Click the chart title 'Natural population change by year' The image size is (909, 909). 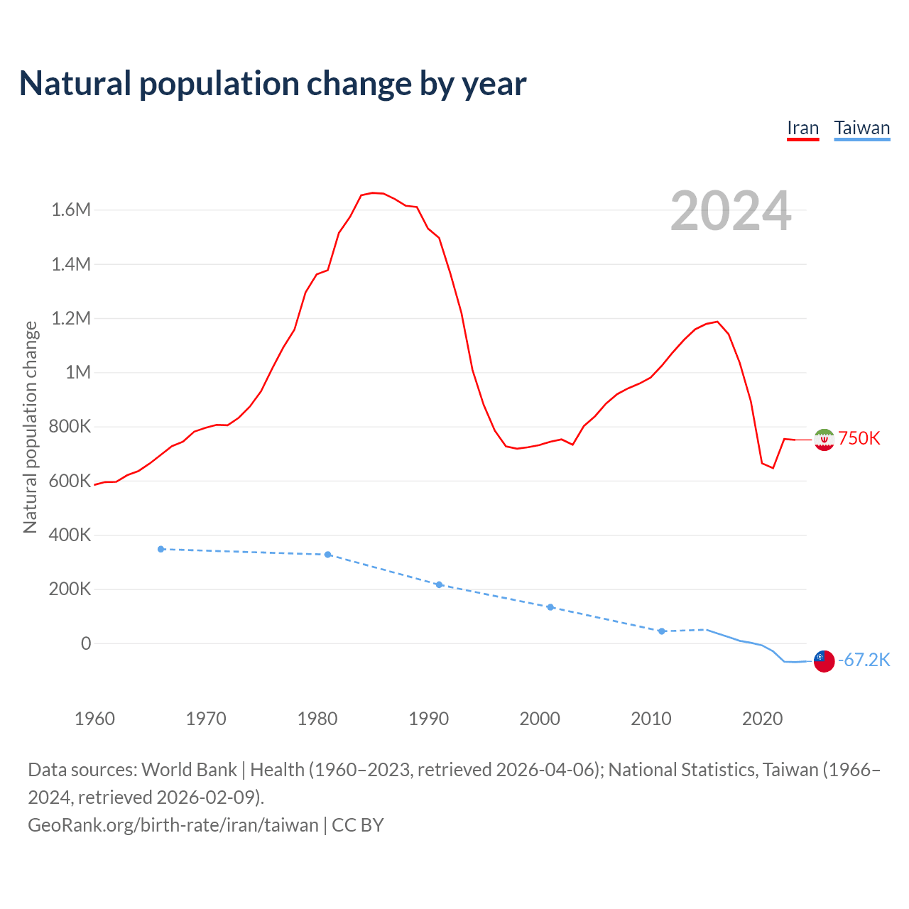pos(273,84)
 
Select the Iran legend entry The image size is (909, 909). pos(802,129)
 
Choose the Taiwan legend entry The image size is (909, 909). pos(861,129)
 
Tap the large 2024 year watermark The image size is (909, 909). pos(731,211)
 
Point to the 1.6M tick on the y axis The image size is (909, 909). pos(71,209)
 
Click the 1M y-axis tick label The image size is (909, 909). pos(78,372)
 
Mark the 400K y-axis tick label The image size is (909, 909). pos(70,535)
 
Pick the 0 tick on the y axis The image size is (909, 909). pos(86,643)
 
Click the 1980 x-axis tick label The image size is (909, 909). pos(317,719)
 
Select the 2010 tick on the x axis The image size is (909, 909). pos(651,719)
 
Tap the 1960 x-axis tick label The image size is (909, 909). pos(94,719)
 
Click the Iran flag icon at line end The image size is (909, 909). pos(824,440)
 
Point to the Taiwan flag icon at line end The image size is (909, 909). pos(824,661)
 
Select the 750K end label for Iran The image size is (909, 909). pos(859,438)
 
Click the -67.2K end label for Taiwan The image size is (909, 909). pos(864,660)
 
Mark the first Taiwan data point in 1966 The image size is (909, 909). pos(161,549)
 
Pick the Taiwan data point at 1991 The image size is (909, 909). pos(439,584)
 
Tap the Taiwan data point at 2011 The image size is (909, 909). pos(661,631)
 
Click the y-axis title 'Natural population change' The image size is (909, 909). pos(31,427)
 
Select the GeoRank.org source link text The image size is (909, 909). pos(173,825)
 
